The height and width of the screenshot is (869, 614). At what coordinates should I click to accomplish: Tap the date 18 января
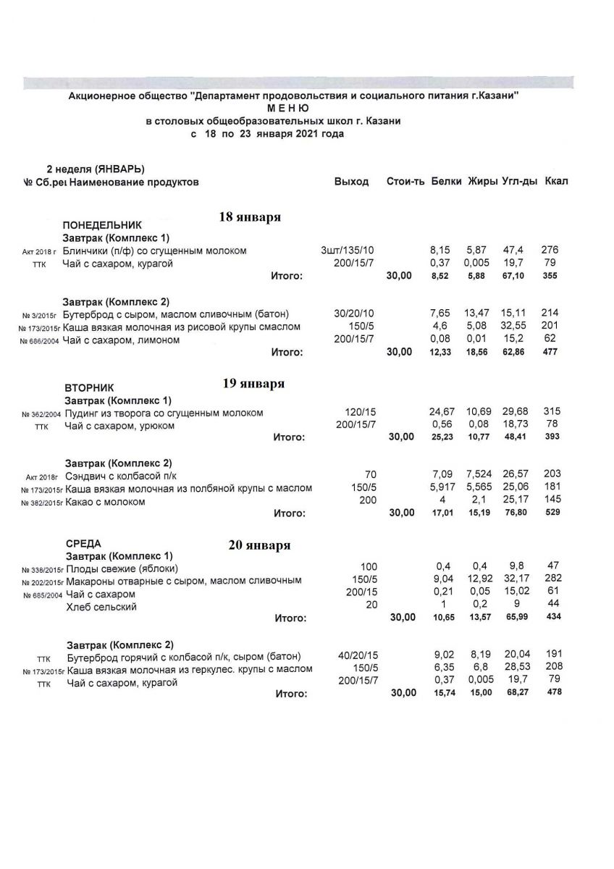pyautogui.click(x=250, y=217)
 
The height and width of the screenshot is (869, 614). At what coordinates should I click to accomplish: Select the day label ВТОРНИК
pyautogui.click(x=89, y=388)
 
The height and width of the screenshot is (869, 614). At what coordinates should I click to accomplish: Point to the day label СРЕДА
pyautogui.click(x=83, y=543)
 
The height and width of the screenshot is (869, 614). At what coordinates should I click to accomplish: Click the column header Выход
pyautogui.click(x=351, y=181)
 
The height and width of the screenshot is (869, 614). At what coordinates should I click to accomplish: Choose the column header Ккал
pyautogui.click(x=555, y=181)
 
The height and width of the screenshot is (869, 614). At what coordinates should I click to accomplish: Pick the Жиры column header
pyautogui.click(x=481, y=181)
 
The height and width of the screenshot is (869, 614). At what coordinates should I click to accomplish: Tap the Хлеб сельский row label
pyautogui.click(x=101, y=607)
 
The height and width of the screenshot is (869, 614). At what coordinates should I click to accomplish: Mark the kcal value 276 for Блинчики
pyautogui.click(x=550, y=251)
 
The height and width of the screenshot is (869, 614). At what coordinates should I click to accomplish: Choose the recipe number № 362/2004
pyautogui.click(x=41, y=414)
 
